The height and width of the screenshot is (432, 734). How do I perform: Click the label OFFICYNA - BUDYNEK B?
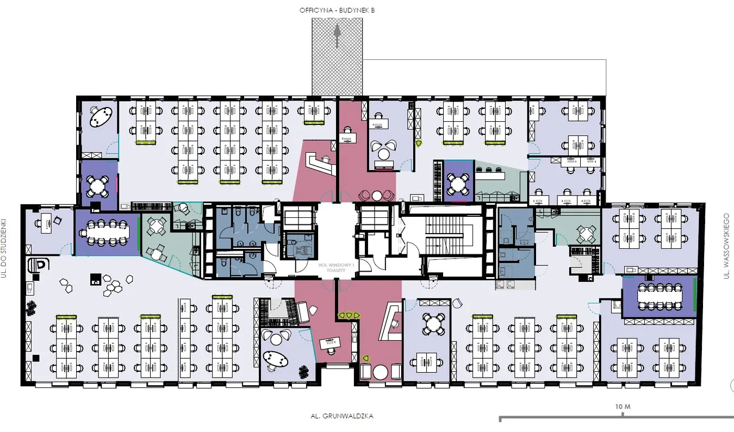tap(337, 10)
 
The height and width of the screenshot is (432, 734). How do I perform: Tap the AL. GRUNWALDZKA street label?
tap(342, 416)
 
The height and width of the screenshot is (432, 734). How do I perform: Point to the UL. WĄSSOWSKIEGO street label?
tap(726, 247)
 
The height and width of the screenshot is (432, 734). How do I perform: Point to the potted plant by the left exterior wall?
tap(30, 308)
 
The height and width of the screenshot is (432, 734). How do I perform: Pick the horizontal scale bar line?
tap(614, 418)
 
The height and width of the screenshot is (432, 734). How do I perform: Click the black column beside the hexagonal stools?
tap(95, 280)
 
